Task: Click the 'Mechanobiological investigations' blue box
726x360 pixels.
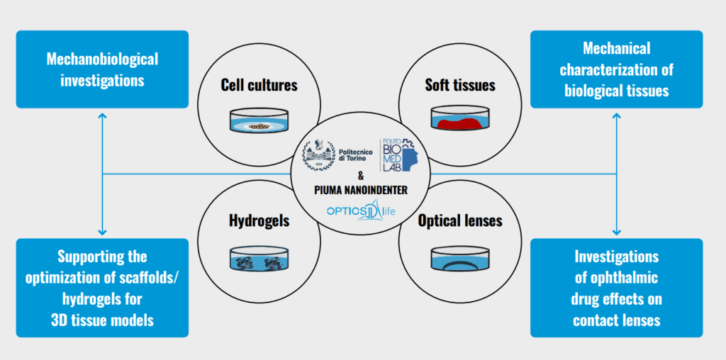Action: pyautogui.click(x=102, y=69)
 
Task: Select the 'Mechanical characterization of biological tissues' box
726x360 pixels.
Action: pyautogui.click(x=616, y=69)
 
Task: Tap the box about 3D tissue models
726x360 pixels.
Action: pyautogui.click(x=102, y=287)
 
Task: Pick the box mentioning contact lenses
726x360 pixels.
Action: pyautogui.click(x=616, y=287)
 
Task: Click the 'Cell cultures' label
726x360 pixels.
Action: pyautogui.click(x=258, y=86)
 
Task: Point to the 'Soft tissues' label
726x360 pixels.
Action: pyautogui.click(x=460, y=86)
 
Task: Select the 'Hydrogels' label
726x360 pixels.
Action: pyautogui.click(x=258, y=220)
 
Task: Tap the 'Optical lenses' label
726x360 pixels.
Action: pyautogui.click(x=460, y=220)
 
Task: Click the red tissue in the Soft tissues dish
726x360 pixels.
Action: pyautogui.click(x=459, y=124)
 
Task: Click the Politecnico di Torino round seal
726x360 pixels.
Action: pyautogui.click(x=318, y=157)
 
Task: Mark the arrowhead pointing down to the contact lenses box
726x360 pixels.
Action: pyautogui.click(x=616, y=232)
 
